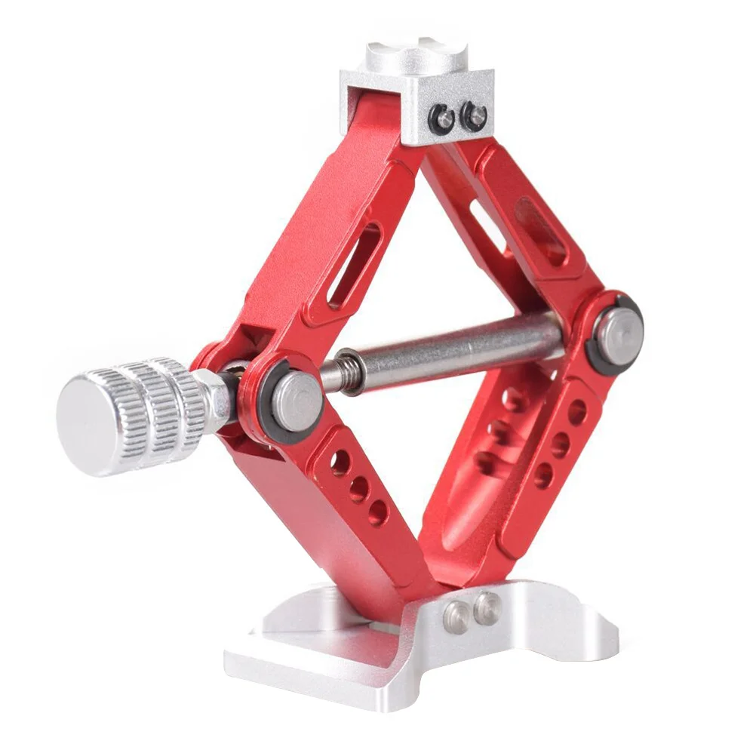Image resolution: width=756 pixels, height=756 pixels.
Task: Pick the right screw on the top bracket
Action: tap(475, 115)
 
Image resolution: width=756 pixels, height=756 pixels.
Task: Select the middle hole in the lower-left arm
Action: tap(358, 489)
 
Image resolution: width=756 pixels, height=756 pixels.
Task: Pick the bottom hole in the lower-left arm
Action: tap(377, 514)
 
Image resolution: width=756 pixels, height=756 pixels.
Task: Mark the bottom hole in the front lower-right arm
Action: tap(543, 475)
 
